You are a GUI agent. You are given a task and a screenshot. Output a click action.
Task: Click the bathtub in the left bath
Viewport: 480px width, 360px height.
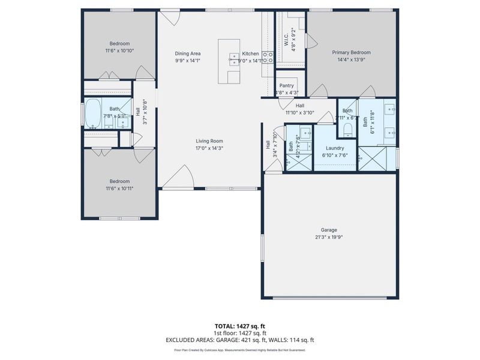coord(92,113)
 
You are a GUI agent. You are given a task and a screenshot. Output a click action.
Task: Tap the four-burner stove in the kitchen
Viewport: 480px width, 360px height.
coord(268,58)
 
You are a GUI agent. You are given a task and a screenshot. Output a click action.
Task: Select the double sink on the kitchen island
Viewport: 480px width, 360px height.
coord(233,58)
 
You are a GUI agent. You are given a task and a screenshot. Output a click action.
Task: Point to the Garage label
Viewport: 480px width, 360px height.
coord(329,230)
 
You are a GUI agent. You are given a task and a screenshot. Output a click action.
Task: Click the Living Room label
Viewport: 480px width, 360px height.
coord(209,141)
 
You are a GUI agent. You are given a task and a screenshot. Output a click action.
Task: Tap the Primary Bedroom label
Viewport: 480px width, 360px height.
coord(352,53)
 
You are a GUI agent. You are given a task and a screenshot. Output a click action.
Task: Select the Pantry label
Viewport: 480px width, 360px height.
coord(286,86)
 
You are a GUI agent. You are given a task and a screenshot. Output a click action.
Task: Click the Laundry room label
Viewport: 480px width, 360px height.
coord(335,148)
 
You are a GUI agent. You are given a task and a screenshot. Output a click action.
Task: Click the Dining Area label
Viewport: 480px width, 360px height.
coord(187,53)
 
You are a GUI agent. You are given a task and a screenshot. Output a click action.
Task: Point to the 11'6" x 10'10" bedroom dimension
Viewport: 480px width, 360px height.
coord(119,50)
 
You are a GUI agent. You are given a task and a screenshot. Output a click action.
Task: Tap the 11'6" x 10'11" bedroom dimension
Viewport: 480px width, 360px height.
coord(119,188)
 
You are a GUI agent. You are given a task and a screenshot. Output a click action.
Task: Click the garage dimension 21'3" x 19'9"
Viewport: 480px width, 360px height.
coord(329,237)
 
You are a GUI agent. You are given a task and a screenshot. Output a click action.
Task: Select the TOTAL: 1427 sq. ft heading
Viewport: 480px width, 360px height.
coord(239,326)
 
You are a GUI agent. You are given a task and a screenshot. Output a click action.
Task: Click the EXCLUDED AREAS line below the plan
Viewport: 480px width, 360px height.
coord(239,340)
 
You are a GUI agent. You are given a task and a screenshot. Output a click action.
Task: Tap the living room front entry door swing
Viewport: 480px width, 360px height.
coord(179,177)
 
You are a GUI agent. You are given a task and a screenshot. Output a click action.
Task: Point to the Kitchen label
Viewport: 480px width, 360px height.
coord(250,53)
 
